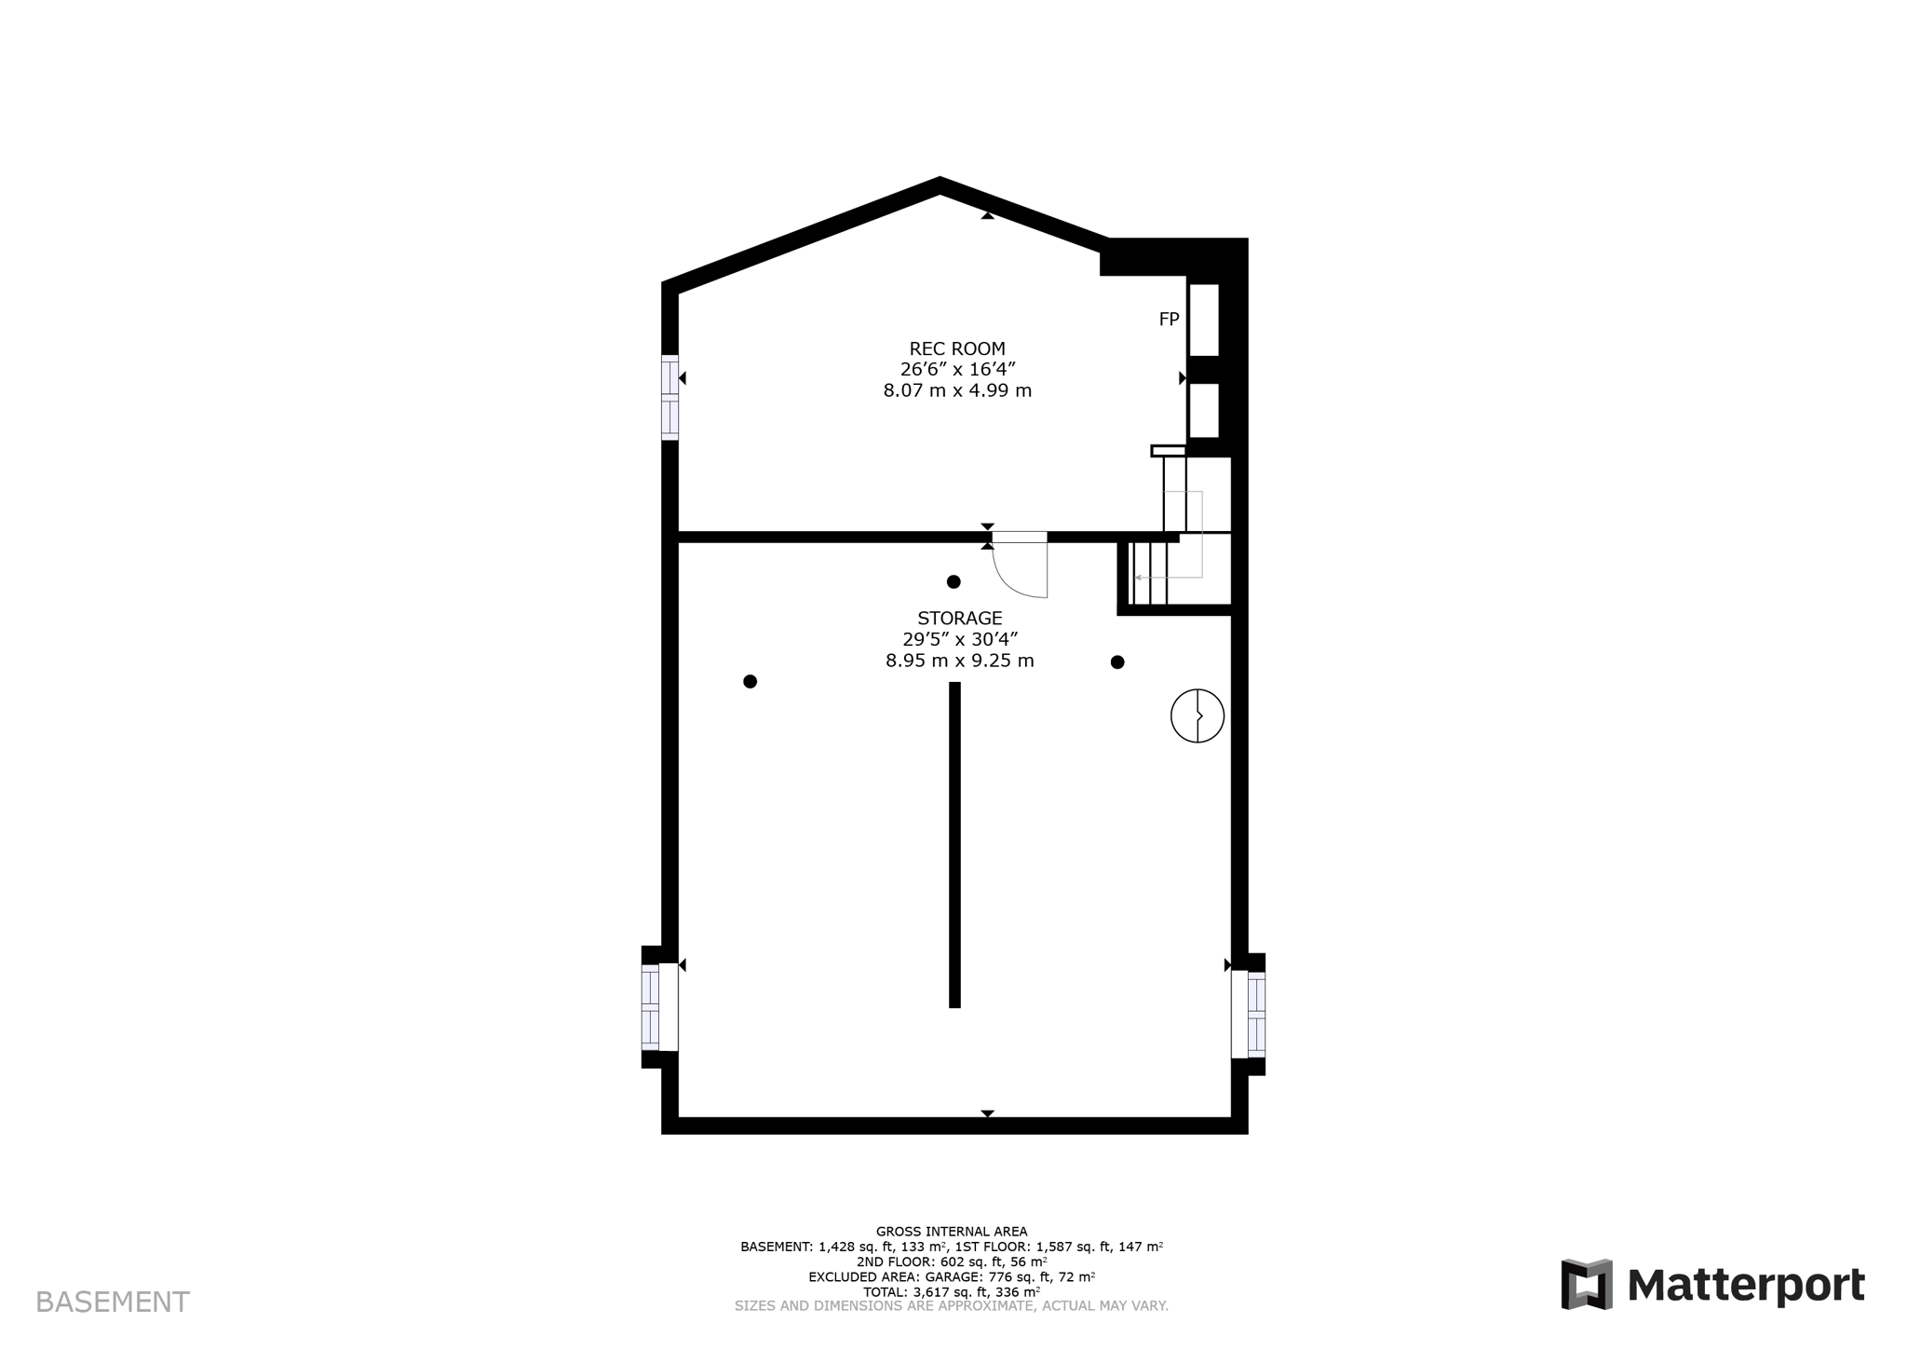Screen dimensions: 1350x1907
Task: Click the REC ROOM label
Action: pyautogui.click(x=957, y=349)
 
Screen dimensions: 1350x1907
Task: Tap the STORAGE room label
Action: pyautogui.click(x=959, y=618)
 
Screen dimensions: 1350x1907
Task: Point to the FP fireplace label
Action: pyautogui.click(x=1169, y=320)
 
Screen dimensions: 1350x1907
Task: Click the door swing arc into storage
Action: pyautogui.click(x=1015, y=578)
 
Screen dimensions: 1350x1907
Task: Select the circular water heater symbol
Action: pyautogui.click(x=1197, y=716)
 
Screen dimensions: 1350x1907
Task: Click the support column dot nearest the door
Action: pyautogui.click(x=953, y=582)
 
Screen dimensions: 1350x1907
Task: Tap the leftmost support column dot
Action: pyautogui.click(x=750, y=682)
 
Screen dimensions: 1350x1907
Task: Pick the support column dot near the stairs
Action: pyautogui.click(x=1117, y=662)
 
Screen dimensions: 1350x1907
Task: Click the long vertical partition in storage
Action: pyautogui.click(x=954, y=844)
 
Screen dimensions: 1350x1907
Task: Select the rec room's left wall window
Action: pyautogui.click(x=669, y=397)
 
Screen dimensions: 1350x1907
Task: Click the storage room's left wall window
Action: pyautogui.click(x=651, y=1007)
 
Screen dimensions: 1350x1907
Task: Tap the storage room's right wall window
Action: pyautogui.click(x=1256, y=1014)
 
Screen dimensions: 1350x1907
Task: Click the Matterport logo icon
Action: pyautogui.click(x=1586, y=1284)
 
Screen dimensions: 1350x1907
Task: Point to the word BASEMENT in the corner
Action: pyautogui.click(x=113, y=1302)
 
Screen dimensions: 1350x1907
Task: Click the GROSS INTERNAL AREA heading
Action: pyautogui.click(x=952, y=1232)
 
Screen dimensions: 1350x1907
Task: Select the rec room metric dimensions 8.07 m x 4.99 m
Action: pyautogui.click(x=957, y=391)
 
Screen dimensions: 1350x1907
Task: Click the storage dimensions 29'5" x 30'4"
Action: pyautogui.click(x=959, y=639)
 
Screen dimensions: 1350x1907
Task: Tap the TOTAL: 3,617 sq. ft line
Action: pyautogui.click(x=952, y=1292)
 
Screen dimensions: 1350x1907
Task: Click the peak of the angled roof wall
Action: pyautogui.click(x=940, y=184)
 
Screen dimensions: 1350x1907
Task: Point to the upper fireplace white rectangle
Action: pyautogui.click(x=1203, y=320)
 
